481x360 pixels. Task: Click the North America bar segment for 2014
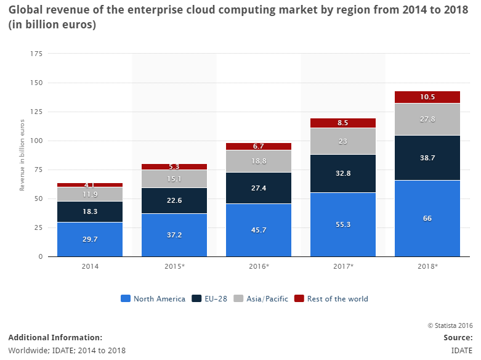point(90,239)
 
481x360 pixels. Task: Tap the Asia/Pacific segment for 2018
point(427,119)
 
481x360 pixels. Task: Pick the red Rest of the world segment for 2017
point(343,123)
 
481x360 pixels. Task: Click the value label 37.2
point(174,235)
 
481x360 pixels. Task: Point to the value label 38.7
point(427,158)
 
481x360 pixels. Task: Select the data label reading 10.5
point(427,97)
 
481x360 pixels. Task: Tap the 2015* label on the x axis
point(174,266)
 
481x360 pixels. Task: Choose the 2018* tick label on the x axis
point(427,266)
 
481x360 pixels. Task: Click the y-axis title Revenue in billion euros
point(23,154)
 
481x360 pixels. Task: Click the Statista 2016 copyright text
point(450,325)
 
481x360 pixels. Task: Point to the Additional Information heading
point(55,338)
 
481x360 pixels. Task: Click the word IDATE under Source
point(461,350)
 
